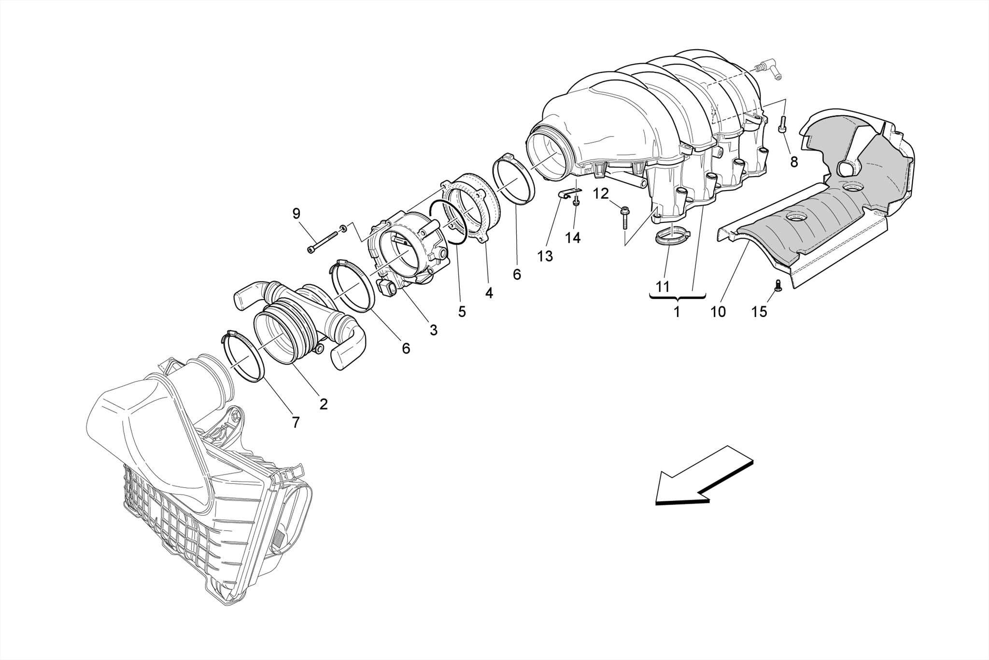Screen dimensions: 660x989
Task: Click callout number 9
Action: (297, 213)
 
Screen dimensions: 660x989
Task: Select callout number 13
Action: (545, 256)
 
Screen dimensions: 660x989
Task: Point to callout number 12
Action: (601, 194)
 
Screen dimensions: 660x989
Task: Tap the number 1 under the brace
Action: (677, 312)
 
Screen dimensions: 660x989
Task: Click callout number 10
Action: (718, 312)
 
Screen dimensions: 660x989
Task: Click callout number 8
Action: (794, 162)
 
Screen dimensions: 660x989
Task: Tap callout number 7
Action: (296, 422)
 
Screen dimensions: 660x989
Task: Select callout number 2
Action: (324, 404)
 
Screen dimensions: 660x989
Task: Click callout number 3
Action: (433, 330)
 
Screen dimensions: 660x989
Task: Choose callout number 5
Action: (462, 312)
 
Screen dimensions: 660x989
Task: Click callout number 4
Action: (489, 293)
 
